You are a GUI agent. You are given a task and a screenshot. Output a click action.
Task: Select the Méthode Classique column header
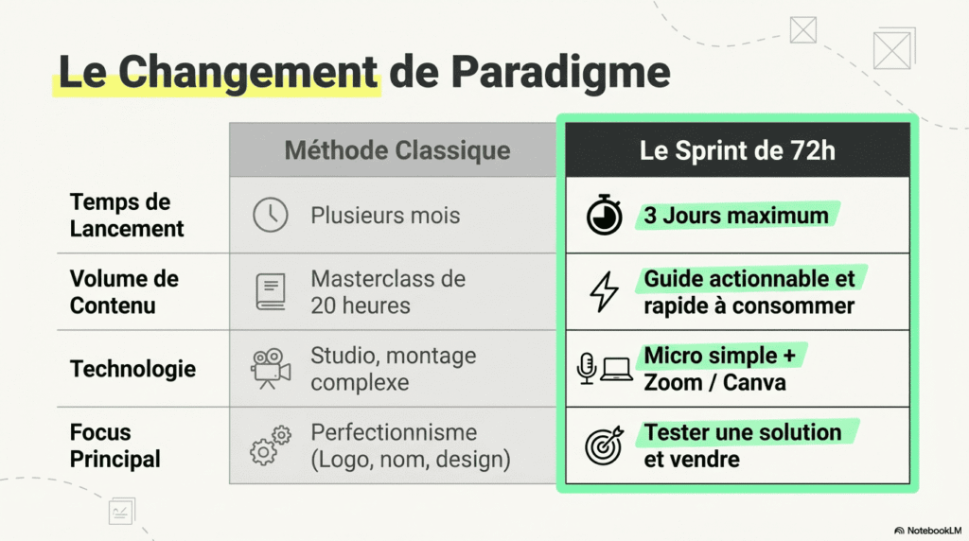(x=397, y=149)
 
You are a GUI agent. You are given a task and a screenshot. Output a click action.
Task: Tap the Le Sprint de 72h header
(x=737, y=149)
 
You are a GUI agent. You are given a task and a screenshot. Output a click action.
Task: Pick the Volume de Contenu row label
(x=124, y=292)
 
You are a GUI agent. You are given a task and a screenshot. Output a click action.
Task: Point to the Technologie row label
(x=132, y=369)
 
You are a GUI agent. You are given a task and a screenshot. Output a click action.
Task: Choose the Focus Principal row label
(x=115, y=445)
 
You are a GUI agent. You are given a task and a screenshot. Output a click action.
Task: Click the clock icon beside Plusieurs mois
(x=271, y=216)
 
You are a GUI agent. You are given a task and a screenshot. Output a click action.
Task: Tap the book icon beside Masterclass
(x=271, y=292)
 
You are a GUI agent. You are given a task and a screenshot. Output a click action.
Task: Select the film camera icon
(x=270, y=369)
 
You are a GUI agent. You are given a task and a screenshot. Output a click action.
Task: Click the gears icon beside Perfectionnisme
(x=271, y=445)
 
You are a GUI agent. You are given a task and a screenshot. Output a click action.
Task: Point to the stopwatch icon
(x=604, y=216)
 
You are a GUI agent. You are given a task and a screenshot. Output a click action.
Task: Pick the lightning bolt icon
(x=604, y=292)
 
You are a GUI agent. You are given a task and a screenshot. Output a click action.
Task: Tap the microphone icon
(x=587, y=369)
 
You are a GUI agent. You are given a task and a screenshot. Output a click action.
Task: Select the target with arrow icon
(x=604, y=445)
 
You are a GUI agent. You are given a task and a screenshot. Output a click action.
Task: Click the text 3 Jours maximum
(x=736, y=216)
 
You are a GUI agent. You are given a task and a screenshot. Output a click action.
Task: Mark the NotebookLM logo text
(x=931, y=531)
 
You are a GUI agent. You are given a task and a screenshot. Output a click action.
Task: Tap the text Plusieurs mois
(x=385, y=216)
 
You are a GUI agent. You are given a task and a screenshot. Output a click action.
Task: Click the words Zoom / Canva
(x=714, y=383)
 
